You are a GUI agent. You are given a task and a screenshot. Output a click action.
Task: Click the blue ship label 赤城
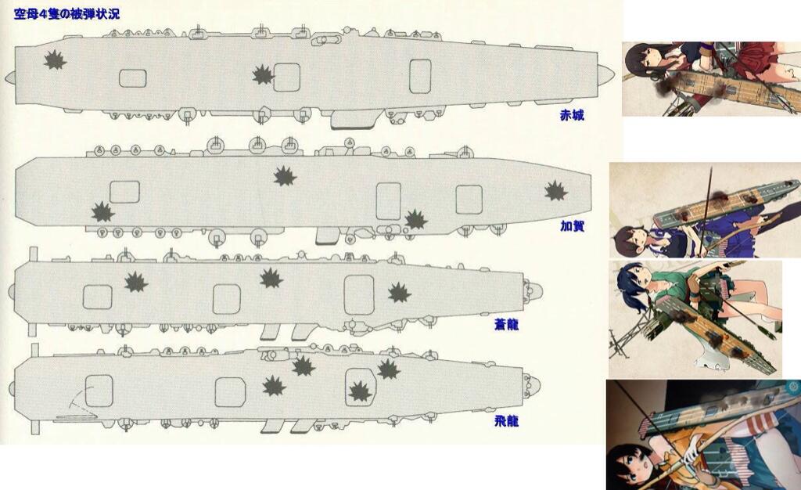(572, 116)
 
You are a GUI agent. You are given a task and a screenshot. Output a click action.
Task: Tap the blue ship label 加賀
(572, 226)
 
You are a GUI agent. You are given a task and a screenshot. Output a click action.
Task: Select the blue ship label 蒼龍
(506, 325)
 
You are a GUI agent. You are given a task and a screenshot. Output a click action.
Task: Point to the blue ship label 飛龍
(506, 421)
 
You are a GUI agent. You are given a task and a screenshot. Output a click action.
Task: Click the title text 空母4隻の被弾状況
(67, 14)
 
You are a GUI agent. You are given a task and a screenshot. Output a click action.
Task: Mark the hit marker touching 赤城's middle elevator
(264, 75)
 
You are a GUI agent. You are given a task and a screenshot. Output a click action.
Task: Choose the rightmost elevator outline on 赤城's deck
(420, 76)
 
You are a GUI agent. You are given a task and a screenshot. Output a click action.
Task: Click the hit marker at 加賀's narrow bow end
(556, 191)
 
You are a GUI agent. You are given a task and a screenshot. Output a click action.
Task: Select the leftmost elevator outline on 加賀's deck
(124, 192)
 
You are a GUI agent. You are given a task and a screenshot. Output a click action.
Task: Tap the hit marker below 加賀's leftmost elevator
(102, 212)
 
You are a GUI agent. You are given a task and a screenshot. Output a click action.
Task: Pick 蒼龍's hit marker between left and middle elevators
(136, 282)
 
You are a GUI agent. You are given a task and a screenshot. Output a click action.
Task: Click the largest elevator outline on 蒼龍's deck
(359, 295)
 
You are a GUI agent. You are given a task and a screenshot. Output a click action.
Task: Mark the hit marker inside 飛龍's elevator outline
(360, 391)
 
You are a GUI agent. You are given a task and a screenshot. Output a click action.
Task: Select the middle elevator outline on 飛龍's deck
(230, 392)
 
